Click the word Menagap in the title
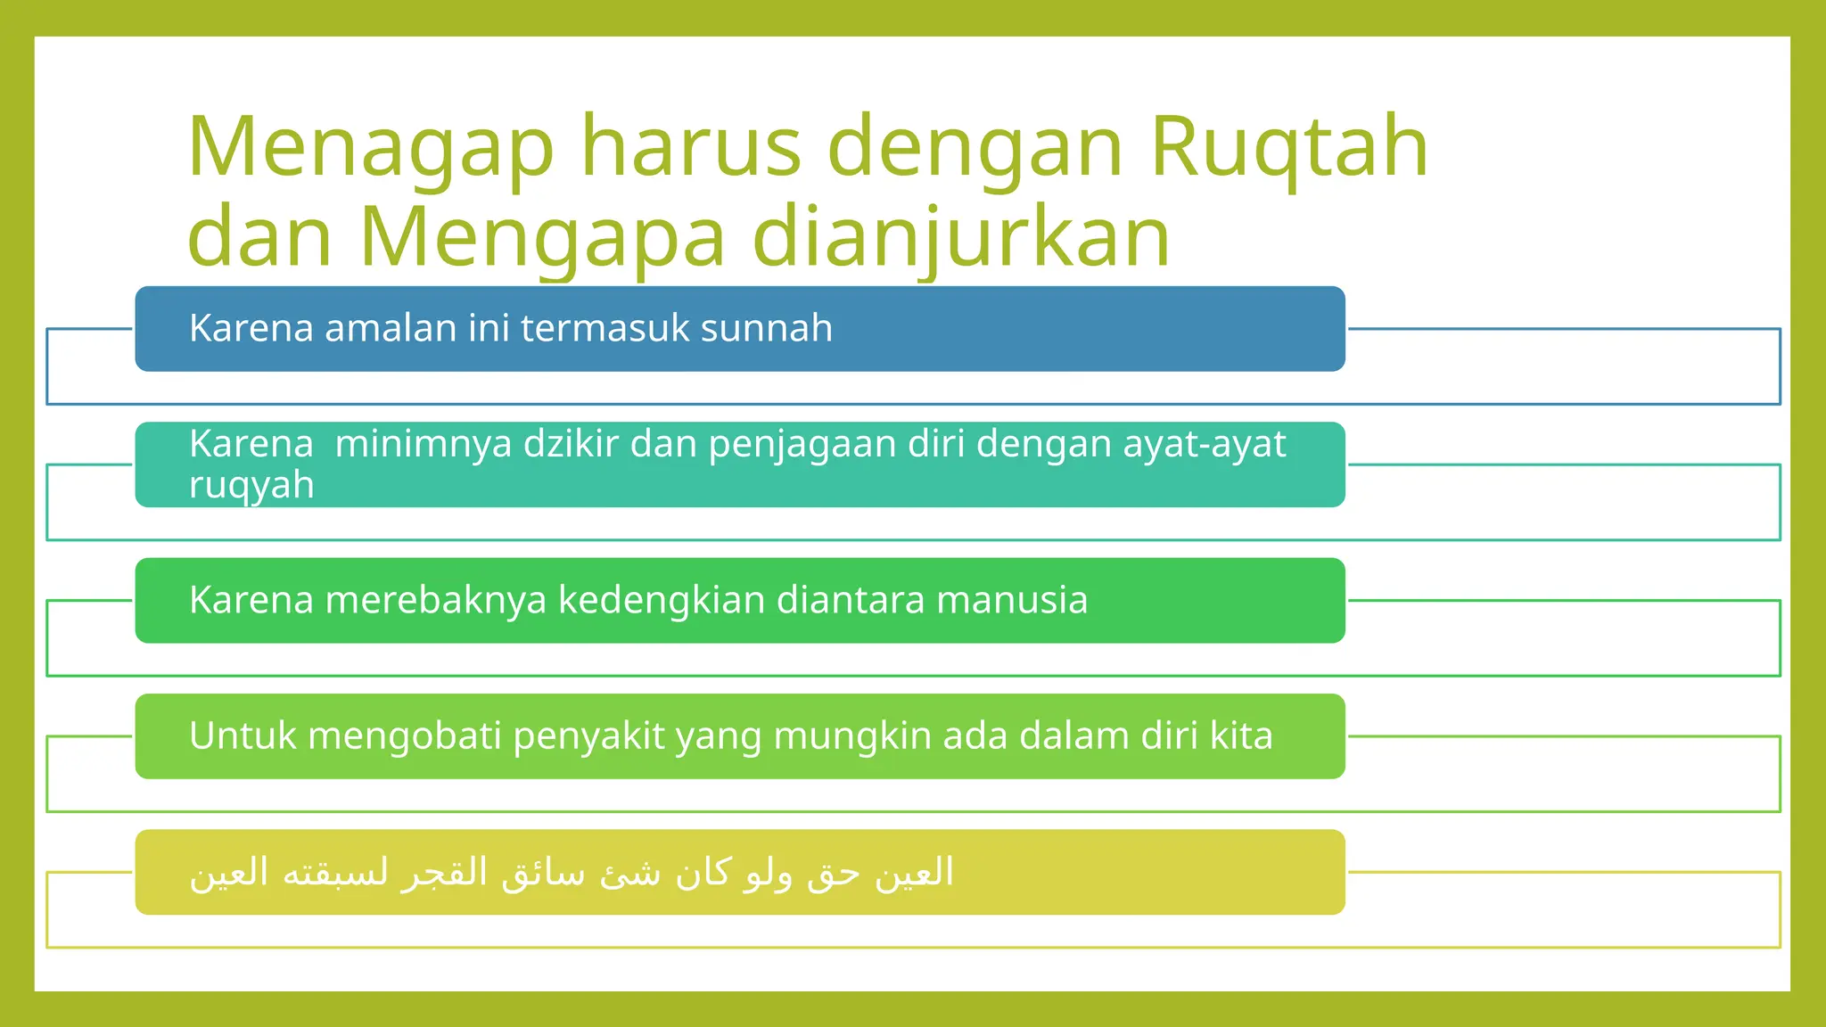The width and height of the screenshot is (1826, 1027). (x=371, y=148)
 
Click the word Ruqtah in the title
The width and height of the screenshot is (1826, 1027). (x=1289, y=148)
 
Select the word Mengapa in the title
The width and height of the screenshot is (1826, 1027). (x=542, y=237)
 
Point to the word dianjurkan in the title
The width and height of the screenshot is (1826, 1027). (x=961, y=237)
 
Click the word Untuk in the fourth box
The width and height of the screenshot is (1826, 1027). (x=243, y=736)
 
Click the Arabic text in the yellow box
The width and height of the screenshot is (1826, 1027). (x=572, y=872)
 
